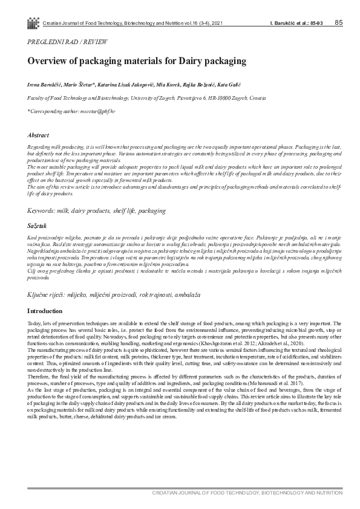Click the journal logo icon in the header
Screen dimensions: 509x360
[x=33, y=23]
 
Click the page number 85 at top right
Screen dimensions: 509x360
[x=338, y=23]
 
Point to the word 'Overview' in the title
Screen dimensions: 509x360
[x=50, y=61]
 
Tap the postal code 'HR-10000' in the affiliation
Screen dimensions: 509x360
[x=213, y=97]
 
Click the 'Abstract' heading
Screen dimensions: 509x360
[x=39, y=135]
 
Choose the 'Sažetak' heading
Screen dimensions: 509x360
[x=38, y=225]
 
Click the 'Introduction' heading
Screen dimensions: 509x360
[x=45, y=311]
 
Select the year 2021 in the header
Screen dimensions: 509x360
[x=221, y=24]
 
